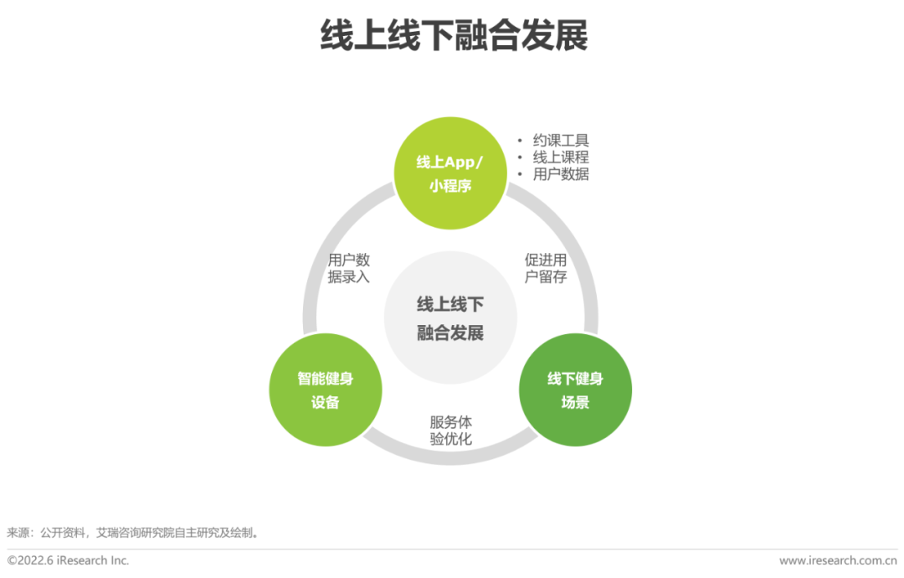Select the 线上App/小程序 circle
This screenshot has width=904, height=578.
point(450,173)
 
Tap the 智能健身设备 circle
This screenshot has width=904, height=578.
point(326,390)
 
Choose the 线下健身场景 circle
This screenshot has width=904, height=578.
point(575,390)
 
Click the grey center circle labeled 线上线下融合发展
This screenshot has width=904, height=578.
point(450,317)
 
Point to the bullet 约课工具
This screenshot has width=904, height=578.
point(561,141)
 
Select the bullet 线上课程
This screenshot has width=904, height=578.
point(561,157)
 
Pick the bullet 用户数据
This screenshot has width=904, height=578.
point(561,174)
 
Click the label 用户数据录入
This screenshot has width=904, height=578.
point(348,268)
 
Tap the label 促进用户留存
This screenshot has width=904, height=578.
point(546,268)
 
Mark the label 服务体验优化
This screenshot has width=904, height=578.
point(450,431)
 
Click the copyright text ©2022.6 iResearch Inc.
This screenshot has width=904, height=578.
point(69,560)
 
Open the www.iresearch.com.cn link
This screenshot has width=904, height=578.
point(838,560)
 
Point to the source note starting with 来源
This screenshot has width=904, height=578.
point(134,533)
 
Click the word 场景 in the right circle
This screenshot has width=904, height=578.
point(575,402)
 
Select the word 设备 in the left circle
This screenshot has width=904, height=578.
point(326,402)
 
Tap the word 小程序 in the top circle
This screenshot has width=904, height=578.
point(450,186)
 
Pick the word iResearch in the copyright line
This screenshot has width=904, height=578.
point(81,560)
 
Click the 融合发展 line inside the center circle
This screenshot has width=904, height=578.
point(450,333)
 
